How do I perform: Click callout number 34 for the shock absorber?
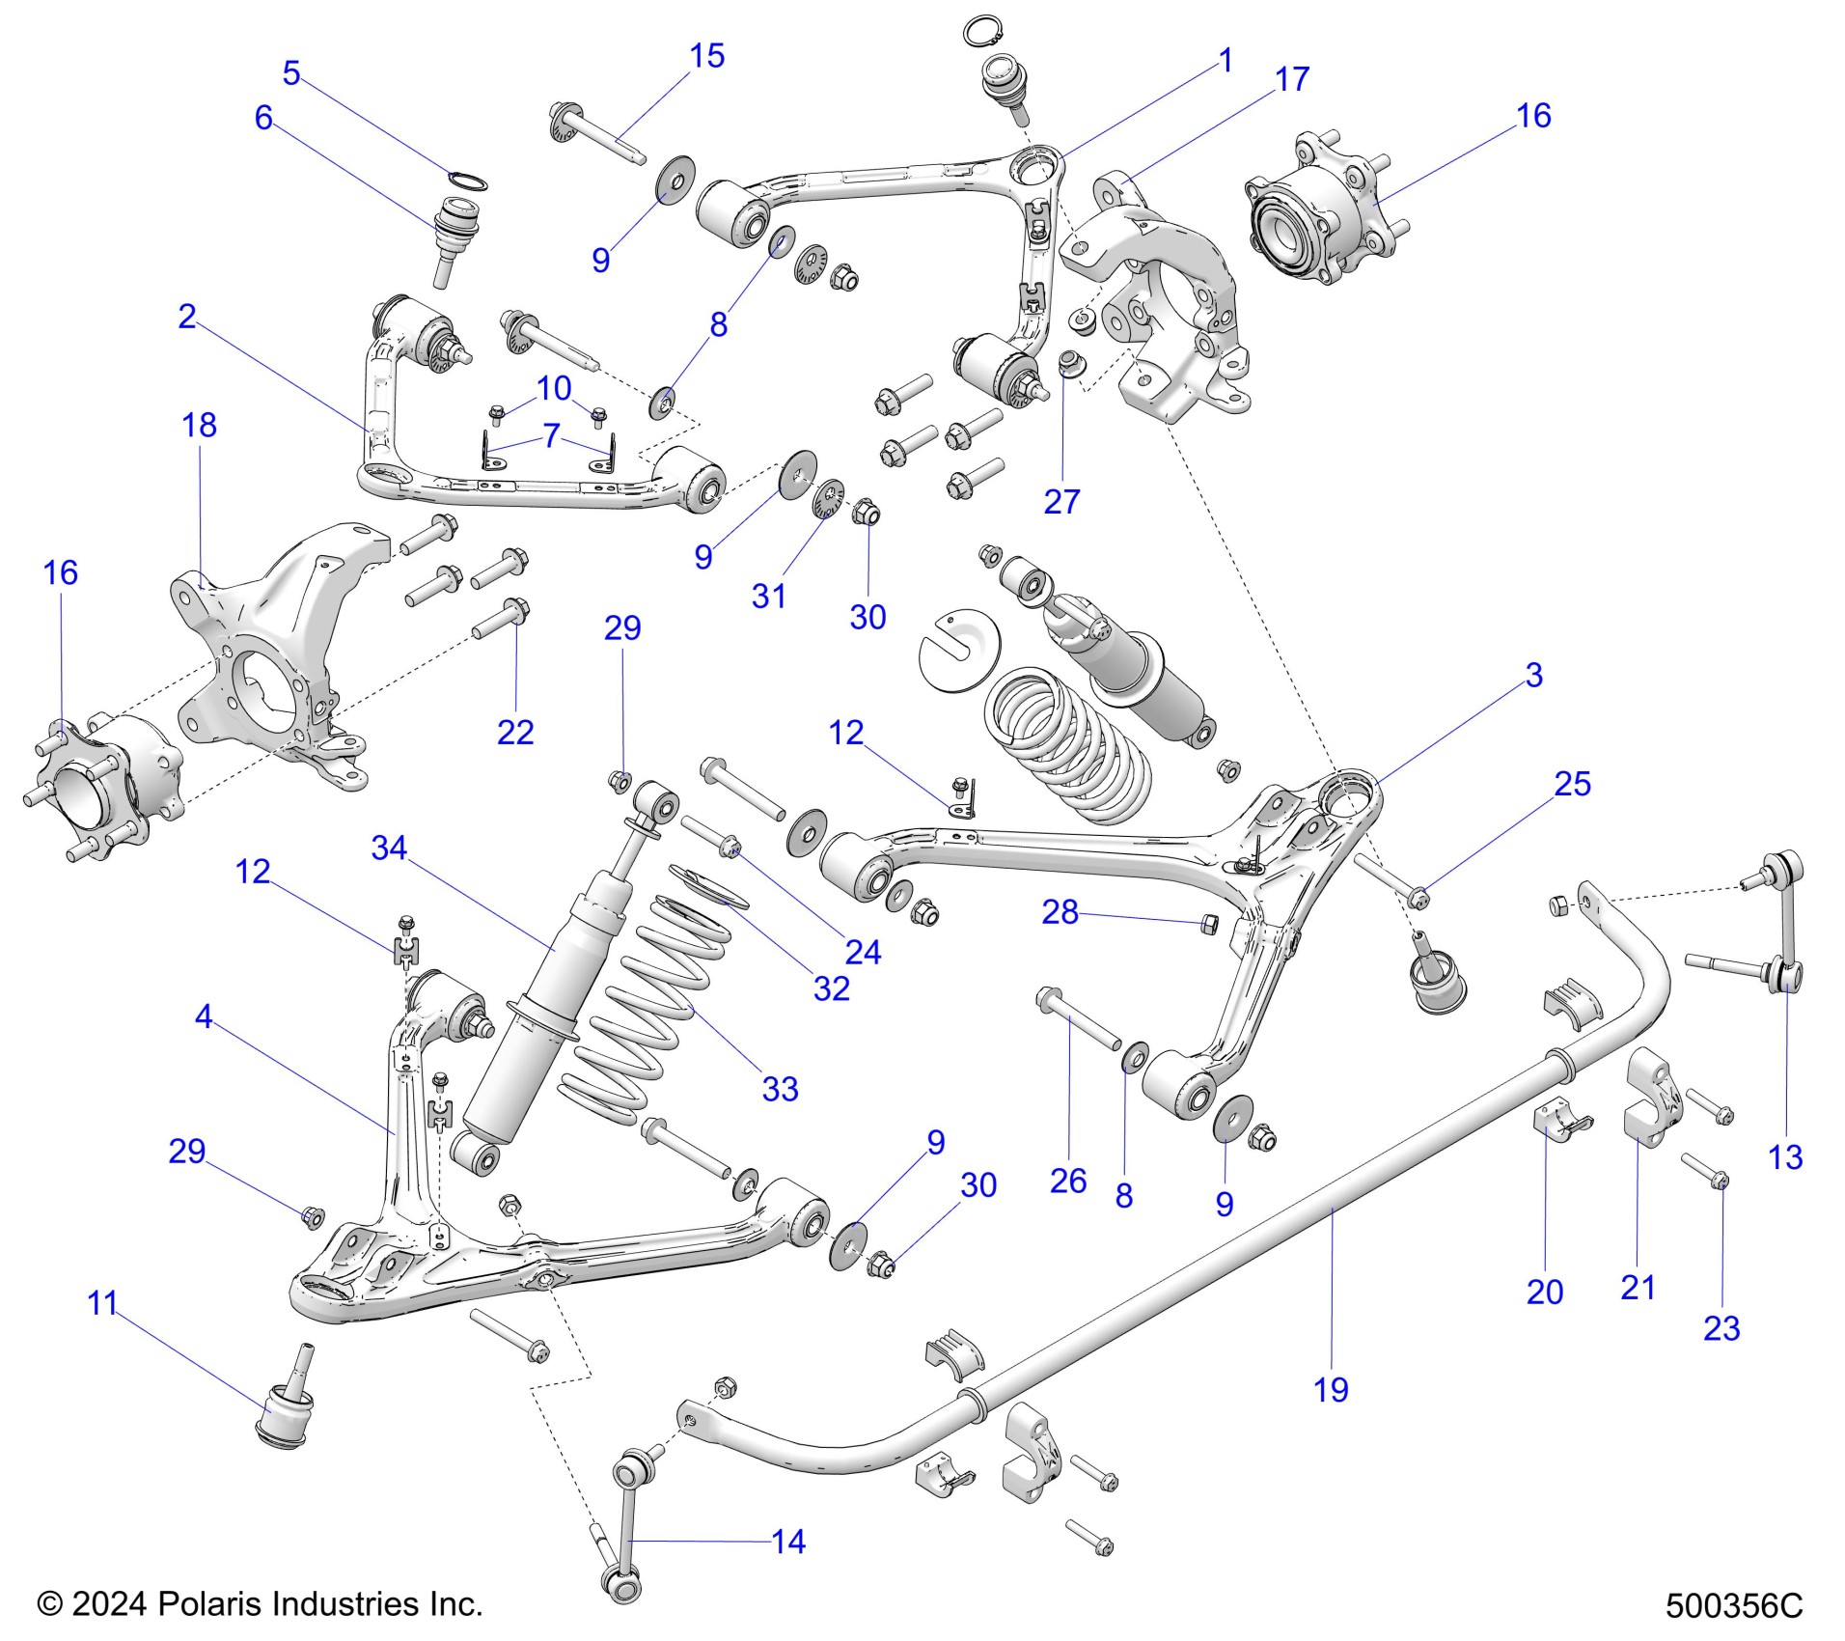pos(389,848)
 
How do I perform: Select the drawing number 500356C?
pos(1733,1605)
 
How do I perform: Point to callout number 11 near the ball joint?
pos(102,1303)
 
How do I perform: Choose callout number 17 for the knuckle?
pos(1292,79)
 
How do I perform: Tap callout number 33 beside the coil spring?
pos(780,1089)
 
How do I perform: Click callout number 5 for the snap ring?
pos(291,72)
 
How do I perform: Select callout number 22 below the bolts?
pos(515,732)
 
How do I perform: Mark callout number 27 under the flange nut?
pos(1061,501)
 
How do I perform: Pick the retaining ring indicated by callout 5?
pos(468,181)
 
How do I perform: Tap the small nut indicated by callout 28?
pos(1208,924)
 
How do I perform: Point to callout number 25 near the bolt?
pos(1572,783)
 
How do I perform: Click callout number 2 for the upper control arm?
pos(187,316)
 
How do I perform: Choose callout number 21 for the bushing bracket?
pos(1638,1287)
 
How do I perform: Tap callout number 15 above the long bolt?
pos(706,56)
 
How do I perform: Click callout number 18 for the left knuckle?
pos(199,425)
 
